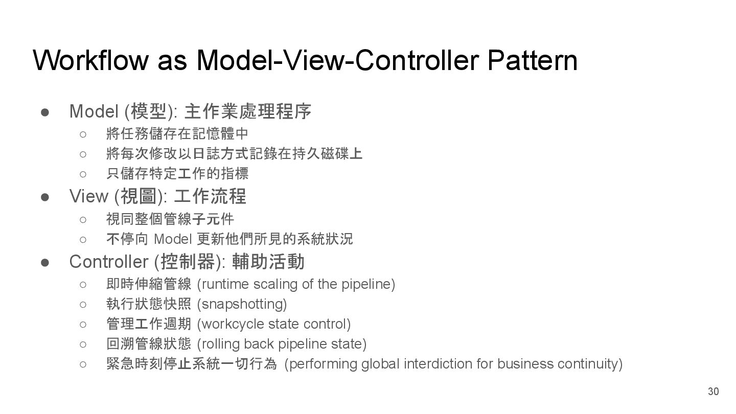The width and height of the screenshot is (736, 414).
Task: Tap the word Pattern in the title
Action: click(532, 60)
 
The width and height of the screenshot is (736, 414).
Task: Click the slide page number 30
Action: click(713, 392)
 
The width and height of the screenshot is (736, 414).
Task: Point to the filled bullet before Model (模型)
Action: click(45, 111)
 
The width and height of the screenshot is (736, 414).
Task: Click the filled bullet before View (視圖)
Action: click(45, 196)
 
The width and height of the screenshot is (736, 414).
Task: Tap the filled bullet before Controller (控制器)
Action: click(45, 262)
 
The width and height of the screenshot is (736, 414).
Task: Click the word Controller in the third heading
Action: click(109, 262)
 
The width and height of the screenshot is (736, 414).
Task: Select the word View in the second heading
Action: click(88, 196)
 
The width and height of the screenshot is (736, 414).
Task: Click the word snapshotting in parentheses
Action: click(242, 304)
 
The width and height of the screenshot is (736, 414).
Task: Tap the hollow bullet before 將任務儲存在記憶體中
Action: click(83, 134)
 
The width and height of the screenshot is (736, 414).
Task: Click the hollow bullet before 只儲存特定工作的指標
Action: click(83, 174)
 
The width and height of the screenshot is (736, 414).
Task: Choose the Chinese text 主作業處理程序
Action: click(247, 111)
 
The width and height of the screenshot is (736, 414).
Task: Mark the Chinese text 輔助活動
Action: click(268, 262)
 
